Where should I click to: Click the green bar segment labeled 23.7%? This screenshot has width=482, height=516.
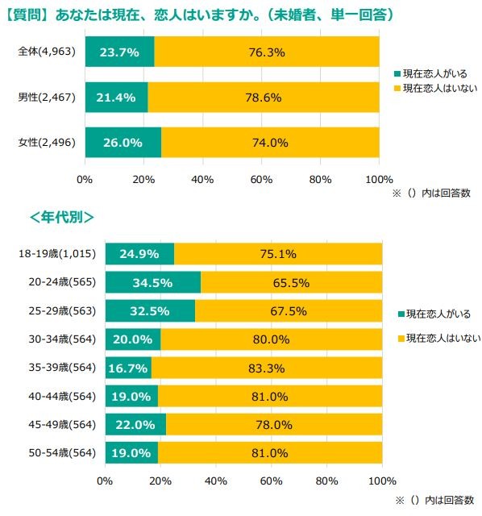tap(119, 52)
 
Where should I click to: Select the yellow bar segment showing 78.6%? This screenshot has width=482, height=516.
tap(263, 98)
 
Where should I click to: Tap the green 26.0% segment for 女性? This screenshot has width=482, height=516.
tap(123, 143)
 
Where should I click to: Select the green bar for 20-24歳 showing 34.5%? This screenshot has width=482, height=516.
tap(152, 283)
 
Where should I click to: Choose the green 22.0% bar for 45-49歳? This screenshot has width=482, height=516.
tap(135, 424)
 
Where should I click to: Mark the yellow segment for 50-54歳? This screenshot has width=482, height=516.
tap(270, 452)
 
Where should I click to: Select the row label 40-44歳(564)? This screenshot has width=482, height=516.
tap(57, 396)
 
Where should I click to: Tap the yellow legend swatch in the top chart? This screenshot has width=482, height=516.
tap(396, 87)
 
